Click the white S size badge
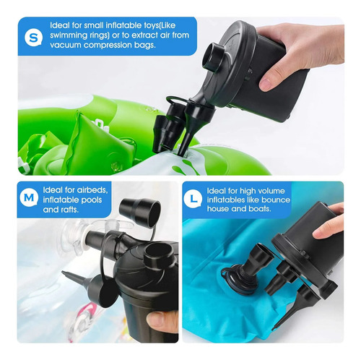tap(34, 38)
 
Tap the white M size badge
tap(29, 197)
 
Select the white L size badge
tap(193, 199)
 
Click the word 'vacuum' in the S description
tap(66, 45)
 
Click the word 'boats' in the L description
tap(260, 209)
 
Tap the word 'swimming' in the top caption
tap(66, 35)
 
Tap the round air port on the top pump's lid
tap(213, 56)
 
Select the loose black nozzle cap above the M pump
tap(140, 212)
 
